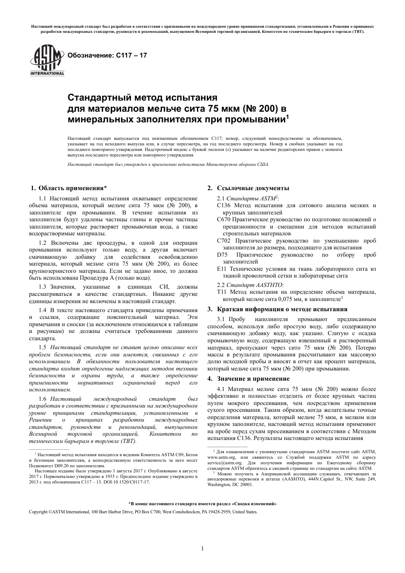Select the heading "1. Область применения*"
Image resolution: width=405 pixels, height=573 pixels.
pos(69,188)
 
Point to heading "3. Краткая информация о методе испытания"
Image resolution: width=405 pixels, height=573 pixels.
pos(277,309)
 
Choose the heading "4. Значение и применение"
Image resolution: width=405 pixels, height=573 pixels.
pos(248,379)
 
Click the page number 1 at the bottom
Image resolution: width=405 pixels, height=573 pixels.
pos(202,548)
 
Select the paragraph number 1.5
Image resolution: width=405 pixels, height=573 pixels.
pos(43,348)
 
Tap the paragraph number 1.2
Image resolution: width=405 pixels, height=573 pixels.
pos(43,243)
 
